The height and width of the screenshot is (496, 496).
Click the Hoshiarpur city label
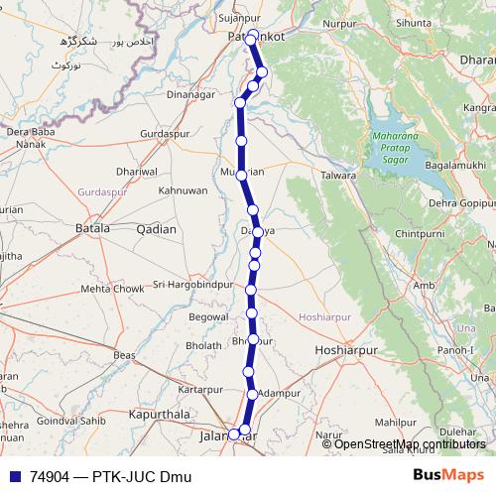(347, 351)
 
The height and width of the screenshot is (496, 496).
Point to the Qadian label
(156, 229)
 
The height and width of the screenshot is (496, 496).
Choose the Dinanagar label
(191, 95)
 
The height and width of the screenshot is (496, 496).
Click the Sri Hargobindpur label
(186, 285)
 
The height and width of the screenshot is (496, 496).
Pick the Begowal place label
(208, 317)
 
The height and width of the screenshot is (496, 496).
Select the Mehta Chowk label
(112, 289)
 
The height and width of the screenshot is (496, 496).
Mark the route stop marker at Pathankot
(253, 36)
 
